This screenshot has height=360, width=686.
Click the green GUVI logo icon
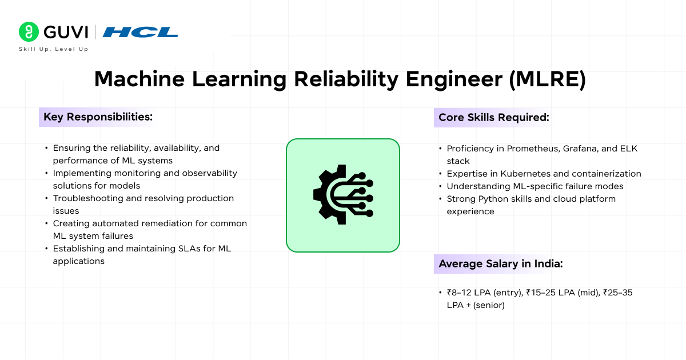(x=27, y=31)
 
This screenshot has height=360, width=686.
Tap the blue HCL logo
(x=140, y=32)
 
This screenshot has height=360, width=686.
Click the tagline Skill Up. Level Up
(x=54, y=50)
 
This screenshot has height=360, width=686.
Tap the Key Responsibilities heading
(x=98, y=117)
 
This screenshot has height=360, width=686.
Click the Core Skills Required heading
(x=493, y=117)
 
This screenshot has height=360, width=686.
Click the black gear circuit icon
(x=343, y=195)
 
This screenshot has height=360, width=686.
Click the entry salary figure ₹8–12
(x=461, y=293)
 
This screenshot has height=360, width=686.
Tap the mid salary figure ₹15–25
(x=537, y=293)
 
